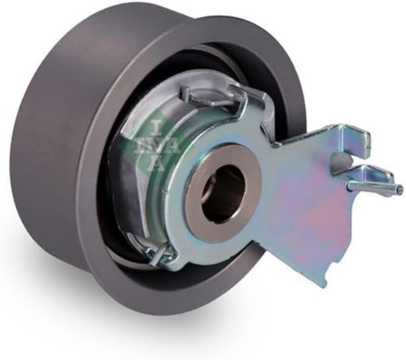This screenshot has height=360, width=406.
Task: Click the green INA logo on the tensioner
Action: (153, 147)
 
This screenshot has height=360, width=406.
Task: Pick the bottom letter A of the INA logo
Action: (158, 164)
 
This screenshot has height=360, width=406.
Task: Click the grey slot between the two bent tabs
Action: (341, 159)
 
